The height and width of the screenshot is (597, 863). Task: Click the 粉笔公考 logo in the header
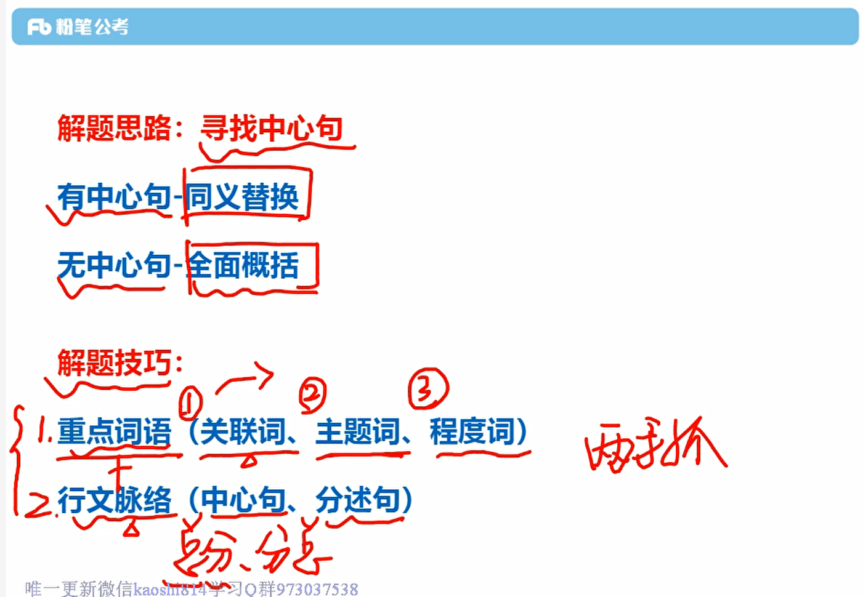(x=78, y=26)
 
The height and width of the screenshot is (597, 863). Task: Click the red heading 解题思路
(x=114, y=128)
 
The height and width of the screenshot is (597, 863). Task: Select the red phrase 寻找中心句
(x=271, y=128)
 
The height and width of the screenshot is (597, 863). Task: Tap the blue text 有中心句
(x=114, y=197)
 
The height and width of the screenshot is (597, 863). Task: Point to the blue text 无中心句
(x=114, y=265)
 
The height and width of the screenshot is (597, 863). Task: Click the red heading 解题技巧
(x=114, y=362)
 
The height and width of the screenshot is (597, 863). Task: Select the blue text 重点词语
(x=114, y=431)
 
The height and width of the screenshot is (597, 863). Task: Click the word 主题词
(x=358, y=431)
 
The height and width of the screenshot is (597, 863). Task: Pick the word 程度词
(x=472, y=431)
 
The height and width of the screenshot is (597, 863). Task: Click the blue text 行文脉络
(x=114, y=499)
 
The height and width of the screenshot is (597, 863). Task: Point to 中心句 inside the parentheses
(x=243, y=499)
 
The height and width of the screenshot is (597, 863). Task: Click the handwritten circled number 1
(x=190, y=403)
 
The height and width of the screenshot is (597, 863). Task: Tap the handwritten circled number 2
(x=313, y=394)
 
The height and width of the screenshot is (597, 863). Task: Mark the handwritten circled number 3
(x=428, y=388)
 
